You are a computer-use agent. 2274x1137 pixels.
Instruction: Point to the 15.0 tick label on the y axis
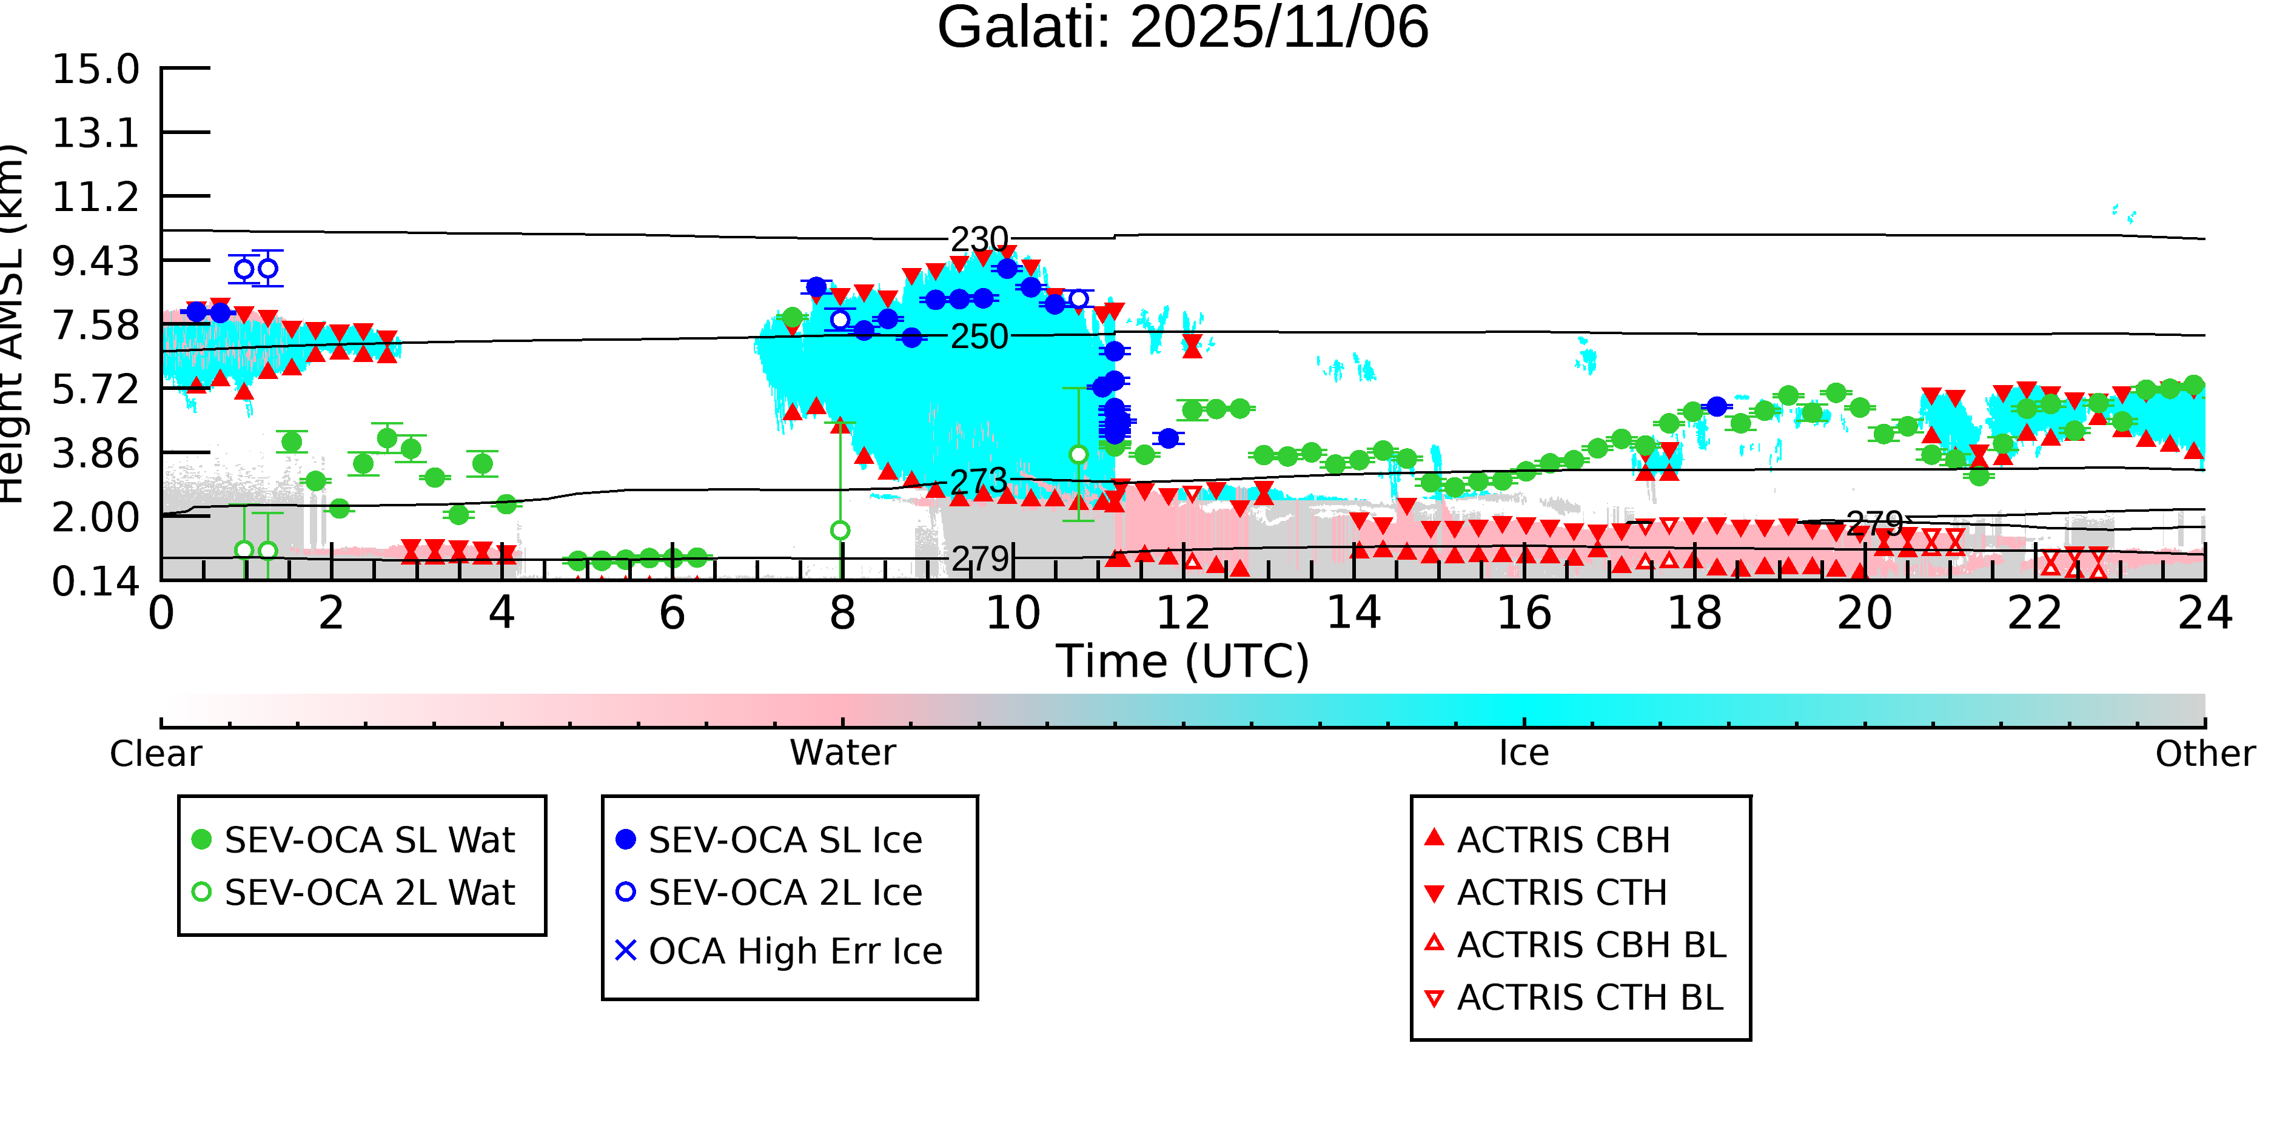point(95,69)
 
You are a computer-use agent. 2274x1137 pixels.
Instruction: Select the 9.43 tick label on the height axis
point(95,261)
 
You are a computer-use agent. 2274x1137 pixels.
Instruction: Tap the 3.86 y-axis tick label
point(95,454)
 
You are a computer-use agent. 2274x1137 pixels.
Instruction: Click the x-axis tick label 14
point(1353,612)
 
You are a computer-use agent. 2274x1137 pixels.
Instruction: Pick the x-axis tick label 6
point(672,612)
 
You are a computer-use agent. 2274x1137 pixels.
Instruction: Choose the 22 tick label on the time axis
point(2034,612)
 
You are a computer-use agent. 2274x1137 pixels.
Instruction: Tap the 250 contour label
point(979,337)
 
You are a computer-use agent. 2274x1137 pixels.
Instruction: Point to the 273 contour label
point(979,481)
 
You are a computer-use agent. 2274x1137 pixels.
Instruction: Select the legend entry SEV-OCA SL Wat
point(369,839)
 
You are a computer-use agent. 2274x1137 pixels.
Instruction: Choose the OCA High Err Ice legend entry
point(794,951)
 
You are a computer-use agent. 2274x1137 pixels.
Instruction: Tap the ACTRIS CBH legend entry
point(1563,839)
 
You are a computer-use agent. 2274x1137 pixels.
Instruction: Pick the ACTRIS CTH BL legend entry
point(1589,998)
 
